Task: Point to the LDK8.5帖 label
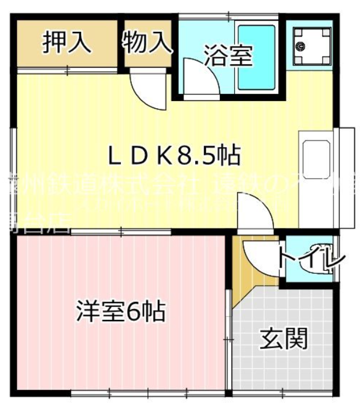(174, 155)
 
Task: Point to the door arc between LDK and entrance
(255, 210)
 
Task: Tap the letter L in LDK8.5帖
(114, 155)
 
